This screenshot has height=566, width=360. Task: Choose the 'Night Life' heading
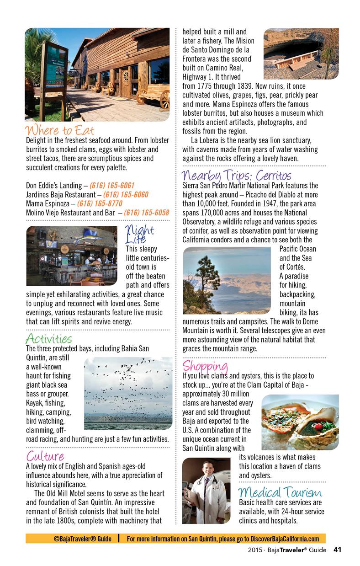[x=139, y=234]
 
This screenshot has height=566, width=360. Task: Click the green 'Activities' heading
[x=49, y=339]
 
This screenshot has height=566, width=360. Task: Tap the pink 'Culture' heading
[x=45, y=456]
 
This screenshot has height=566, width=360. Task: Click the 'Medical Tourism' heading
[x=280, y=492]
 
